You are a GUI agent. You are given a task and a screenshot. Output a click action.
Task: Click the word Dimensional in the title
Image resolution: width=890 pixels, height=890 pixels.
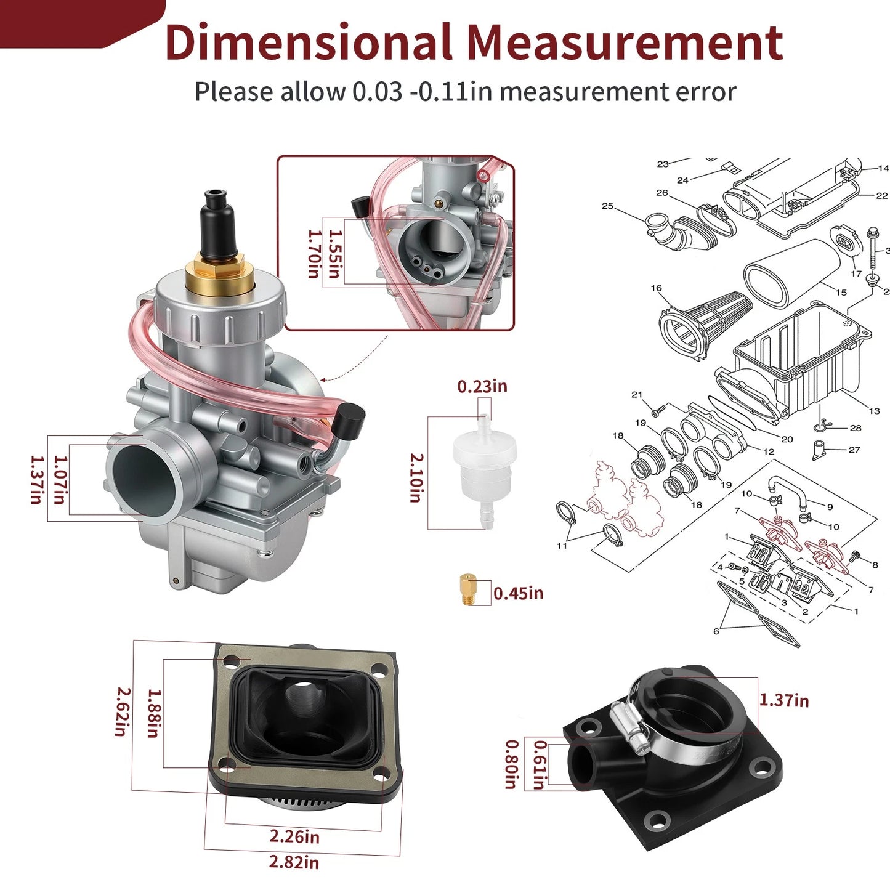309,42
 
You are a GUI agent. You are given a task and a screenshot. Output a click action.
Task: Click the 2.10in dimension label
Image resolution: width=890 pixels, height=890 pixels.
416,477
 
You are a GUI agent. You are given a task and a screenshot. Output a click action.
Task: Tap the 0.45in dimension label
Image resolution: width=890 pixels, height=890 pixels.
518,593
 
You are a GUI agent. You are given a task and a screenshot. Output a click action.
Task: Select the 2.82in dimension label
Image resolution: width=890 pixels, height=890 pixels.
294,862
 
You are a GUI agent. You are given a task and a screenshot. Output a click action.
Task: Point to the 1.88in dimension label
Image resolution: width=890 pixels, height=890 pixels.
155,714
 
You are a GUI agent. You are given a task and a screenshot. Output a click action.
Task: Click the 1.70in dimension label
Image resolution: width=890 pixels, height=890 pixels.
315,254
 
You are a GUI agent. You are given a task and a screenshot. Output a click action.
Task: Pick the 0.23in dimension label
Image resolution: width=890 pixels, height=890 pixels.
482,386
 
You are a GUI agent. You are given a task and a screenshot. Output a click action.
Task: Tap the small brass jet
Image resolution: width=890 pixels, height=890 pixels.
468,588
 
